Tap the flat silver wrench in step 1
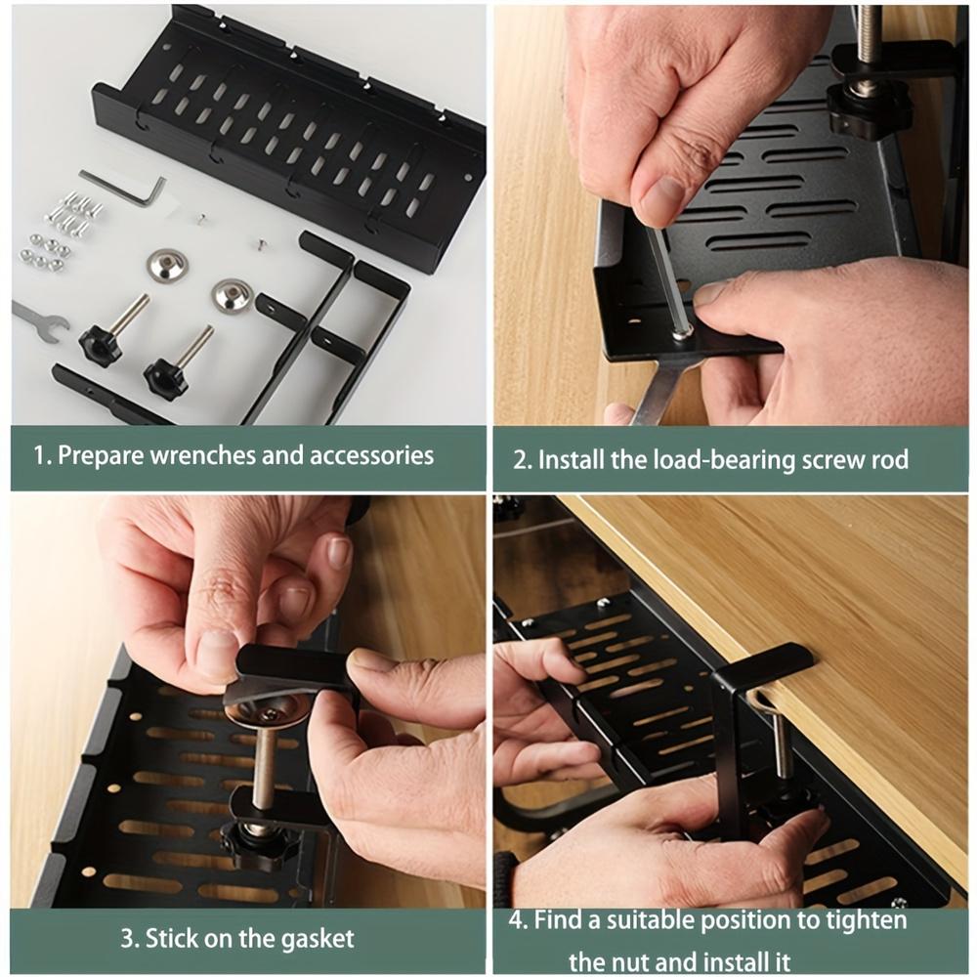39,321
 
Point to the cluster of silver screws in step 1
74,215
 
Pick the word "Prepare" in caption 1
102,455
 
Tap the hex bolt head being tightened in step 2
682,332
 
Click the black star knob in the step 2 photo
868,107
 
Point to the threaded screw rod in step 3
264,772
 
